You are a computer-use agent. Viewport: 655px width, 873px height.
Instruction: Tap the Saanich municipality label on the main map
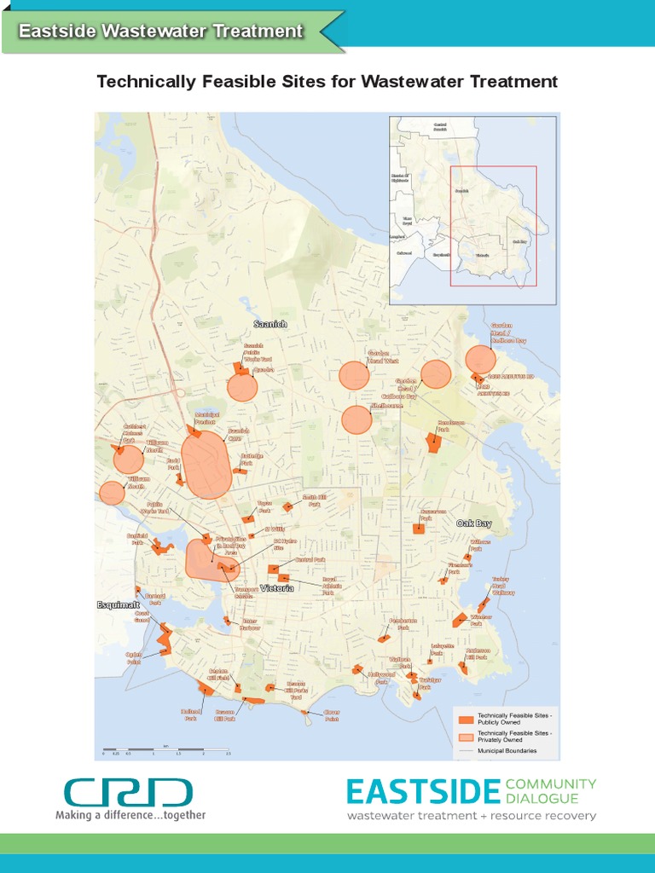[270, 325]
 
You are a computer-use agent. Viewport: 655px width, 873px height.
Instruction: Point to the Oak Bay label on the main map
[474, 523]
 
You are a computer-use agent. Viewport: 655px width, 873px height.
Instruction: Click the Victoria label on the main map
[277, 588]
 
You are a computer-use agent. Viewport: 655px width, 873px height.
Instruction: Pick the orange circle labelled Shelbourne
[356, 419]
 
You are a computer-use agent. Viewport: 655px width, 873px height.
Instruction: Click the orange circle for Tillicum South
[112, 493]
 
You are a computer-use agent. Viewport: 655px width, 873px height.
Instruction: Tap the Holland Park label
[189, 714]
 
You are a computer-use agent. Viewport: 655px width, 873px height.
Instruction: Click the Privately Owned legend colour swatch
[465, 736]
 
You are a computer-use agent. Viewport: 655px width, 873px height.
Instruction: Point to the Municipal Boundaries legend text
[507, 751]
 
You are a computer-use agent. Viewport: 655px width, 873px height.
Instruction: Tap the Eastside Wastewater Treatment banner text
[161, 32]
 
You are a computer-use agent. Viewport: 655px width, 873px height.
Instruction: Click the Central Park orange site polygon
[274, 569]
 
